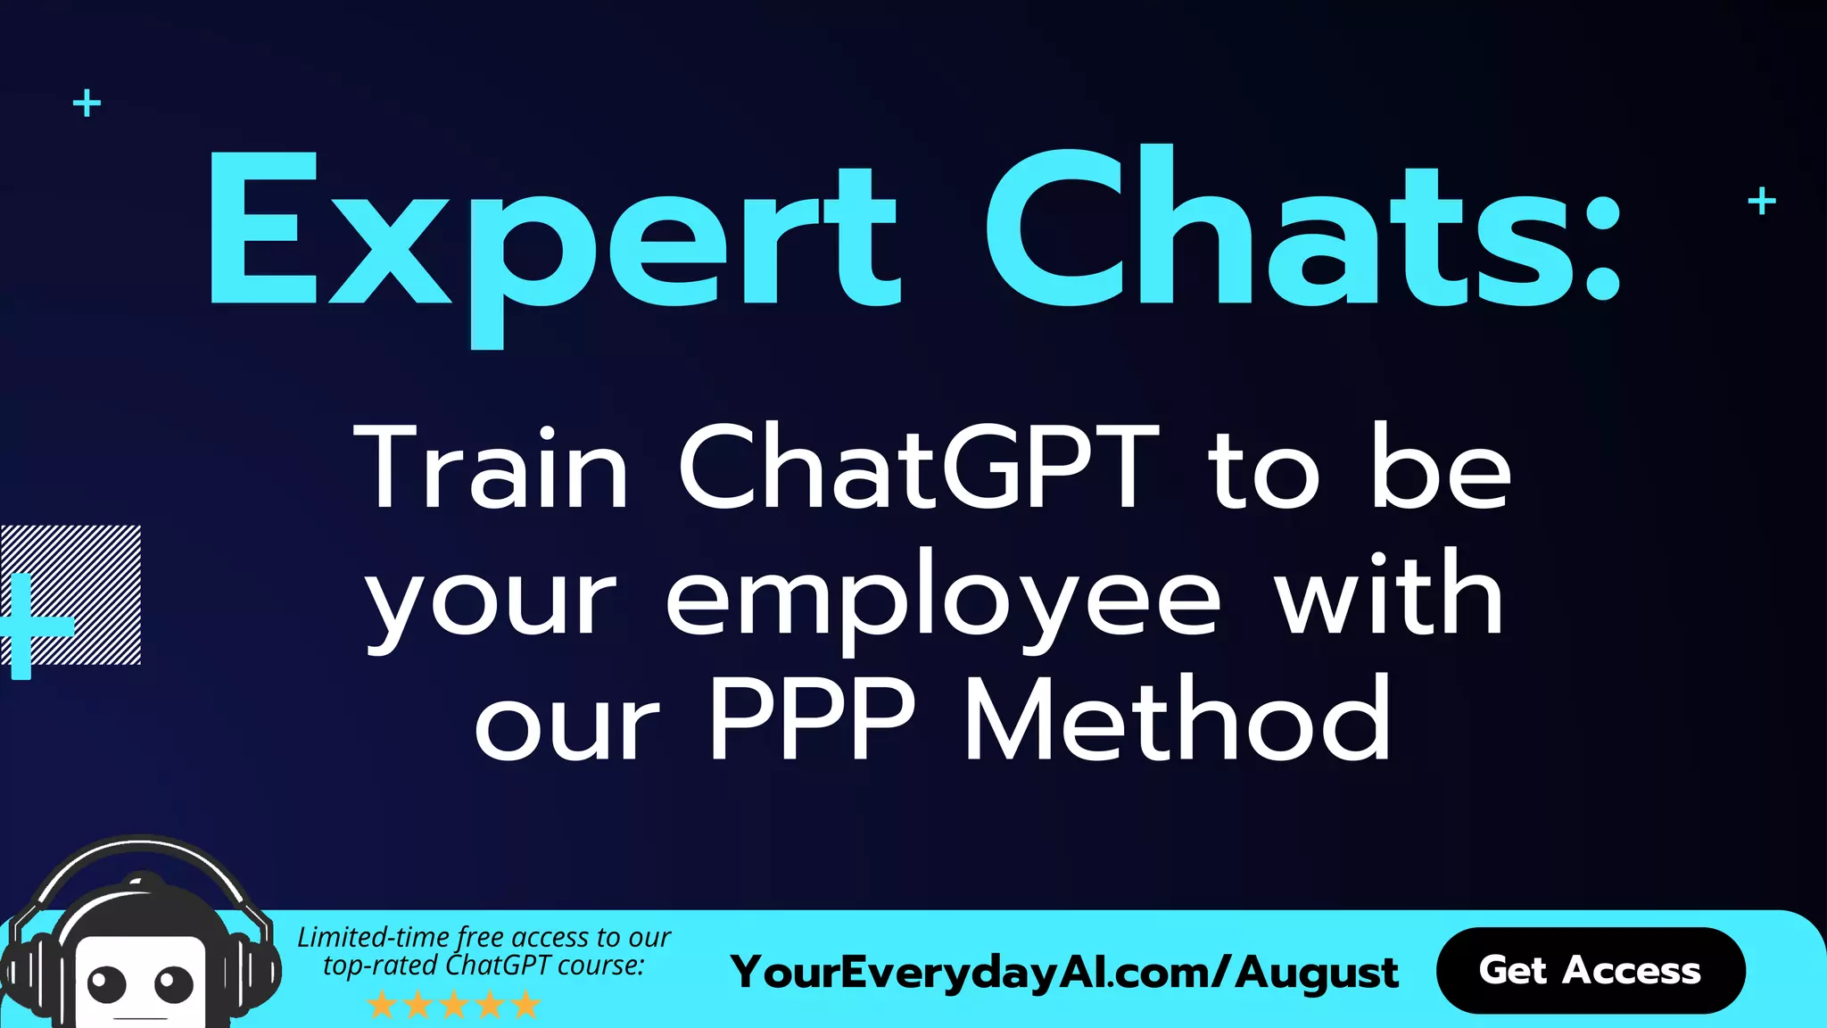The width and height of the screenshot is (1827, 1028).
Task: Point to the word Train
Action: point(492,468)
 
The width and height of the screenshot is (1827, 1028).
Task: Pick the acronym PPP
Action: point(812,719)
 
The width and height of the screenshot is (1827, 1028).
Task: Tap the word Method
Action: point(1178,719)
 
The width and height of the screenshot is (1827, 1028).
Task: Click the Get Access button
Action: point(1590,970)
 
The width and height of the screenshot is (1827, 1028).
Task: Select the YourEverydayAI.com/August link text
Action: point(1063,972)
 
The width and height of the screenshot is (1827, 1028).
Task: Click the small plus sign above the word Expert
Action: point(87,104)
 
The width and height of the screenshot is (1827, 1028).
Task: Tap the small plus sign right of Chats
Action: point(1761,201)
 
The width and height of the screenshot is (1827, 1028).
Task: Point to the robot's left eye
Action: point(107,983)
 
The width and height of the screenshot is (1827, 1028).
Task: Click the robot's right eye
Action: point(173,984)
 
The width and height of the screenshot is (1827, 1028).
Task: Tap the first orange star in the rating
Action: point(383,1006)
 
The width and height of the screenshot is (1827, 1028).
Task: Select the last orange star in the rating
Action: point(526,1006)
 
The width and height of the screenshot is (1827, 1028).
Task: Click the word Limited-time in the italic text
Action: point(375,938)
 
